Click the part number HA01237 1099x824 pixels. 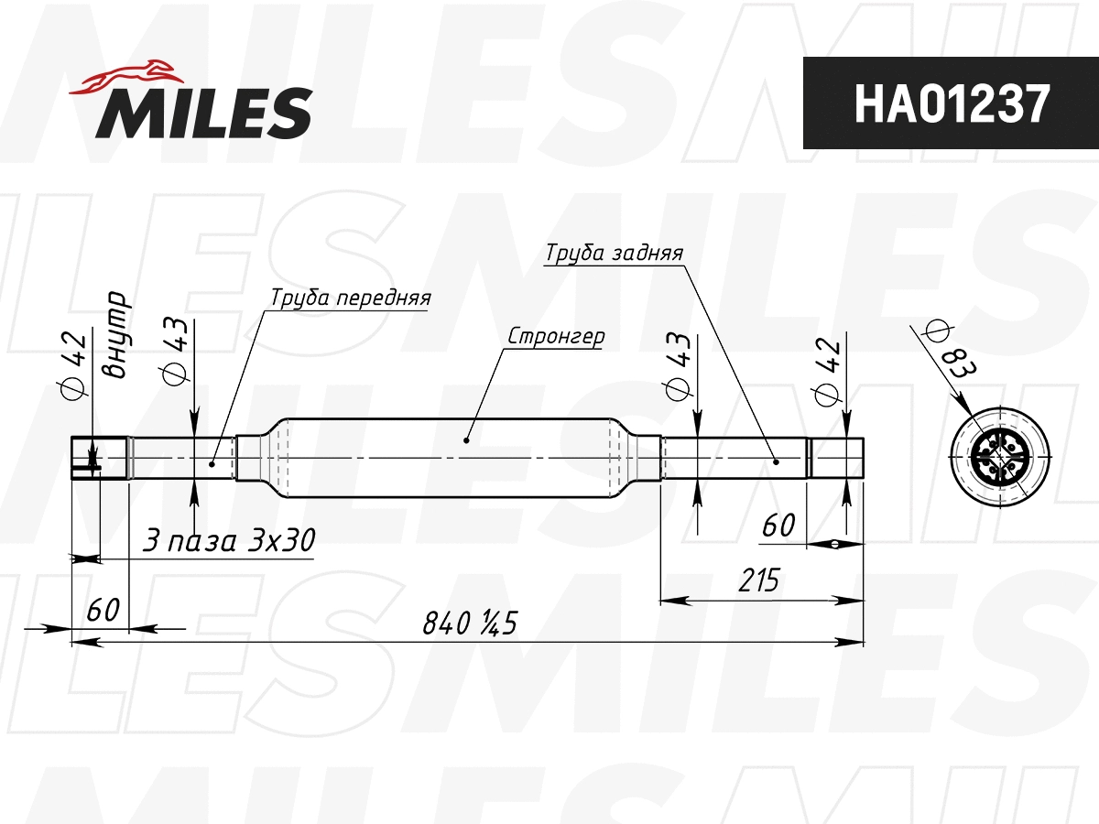951,103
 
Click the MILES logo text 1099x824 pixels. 204,113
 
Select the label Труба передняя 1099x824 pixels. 350,298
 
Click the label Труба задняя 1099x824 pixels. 614,253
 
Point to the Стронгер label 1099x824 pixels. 556,336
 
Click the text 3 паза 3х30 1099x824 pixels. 229,541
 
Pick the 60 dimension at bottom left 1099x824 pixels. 103,609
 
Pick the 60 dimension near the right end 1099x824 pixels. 778,526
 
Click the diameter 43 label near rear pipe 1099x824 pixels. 679,365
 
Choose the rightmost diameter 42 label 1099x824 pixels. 826,372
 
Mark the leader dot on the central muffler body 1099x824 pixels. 466,440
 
